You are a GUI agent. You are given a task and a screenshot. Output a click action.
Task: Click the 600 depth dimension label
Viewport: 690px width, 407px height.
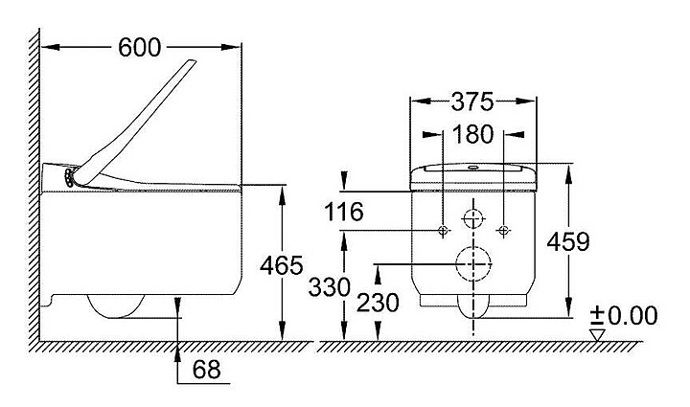pyautogui.click(x=140, y=48)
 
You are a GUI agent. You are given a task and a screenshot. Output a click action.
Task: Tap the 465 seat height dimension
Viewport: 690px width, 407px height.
pyautogui.click(x=281, y=265)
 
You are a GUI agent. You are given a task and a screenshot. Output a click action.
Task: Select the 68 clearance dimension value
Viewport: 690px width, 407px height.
pyautogui.click(x=206, y=370)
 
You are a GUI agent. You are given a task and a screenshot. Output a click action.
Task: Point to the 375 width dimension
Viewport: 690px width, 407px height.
pyautogui.click(x=472, y=102)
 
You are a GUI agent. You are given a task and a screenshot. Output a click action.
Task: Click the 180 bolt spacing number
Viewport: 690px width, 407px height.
pyautogui.click(x=472, y=134)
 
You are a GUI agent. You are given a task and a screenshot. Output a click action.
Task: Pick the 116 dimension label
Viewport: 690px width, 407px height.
pyautogui.click(x=344, y=212)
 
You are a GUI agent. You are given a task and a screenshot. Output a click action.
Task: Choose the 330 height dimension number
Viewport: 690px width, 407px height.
pyautogui.click(x=329, y=287)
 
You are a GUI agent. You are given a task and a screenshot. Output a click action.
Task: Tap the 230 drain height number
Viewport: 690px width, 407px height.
pyautogui.click(x=378, y=303)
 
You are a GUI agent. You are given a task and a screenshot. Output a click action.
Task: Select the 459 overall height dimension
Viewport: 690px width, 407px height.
pyautogui.click(x=568, y=241)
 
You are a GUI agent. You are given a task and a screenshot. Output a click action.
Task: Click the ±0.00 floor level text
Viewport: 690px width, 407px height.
pyautogui.click(x=624, y=316)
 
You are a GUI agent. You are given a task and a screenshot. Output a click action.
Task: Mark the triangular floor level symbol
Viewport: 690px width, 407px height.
pyautogui.click(x=597, y=334)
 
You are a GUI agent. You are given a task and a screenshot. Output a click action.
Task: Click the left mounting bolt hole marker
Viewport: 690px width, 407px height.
pyautogui.click(x=443, y=230)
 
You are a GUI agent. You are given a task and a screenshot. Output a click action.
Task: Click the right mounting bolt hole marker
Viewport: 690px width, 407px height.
pyautogui.click(x=503, y=230)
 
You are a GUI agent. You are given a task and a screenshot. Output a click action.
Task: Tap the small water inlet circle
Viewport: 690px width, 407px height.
pyautogui.click(x=473, y=218)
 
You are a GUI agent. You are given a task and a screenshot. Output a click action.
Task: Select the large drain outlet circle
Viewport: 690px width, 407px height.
pyautogui.click(x=473, y=264)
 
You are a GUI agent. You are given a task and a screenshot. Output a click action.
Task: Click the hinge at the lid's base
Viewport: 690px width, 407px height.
pyautogui.click(x=70, y=177)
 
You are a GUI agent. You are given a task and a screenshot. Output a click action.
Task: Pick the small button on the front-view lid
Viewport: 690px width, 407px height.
pyautogui.click(x=473, y=167)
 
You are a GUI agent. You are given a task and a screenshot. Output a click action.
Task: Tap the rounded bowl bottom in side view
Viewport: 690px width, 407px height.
pyautogui.click(x=116, y=306)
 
